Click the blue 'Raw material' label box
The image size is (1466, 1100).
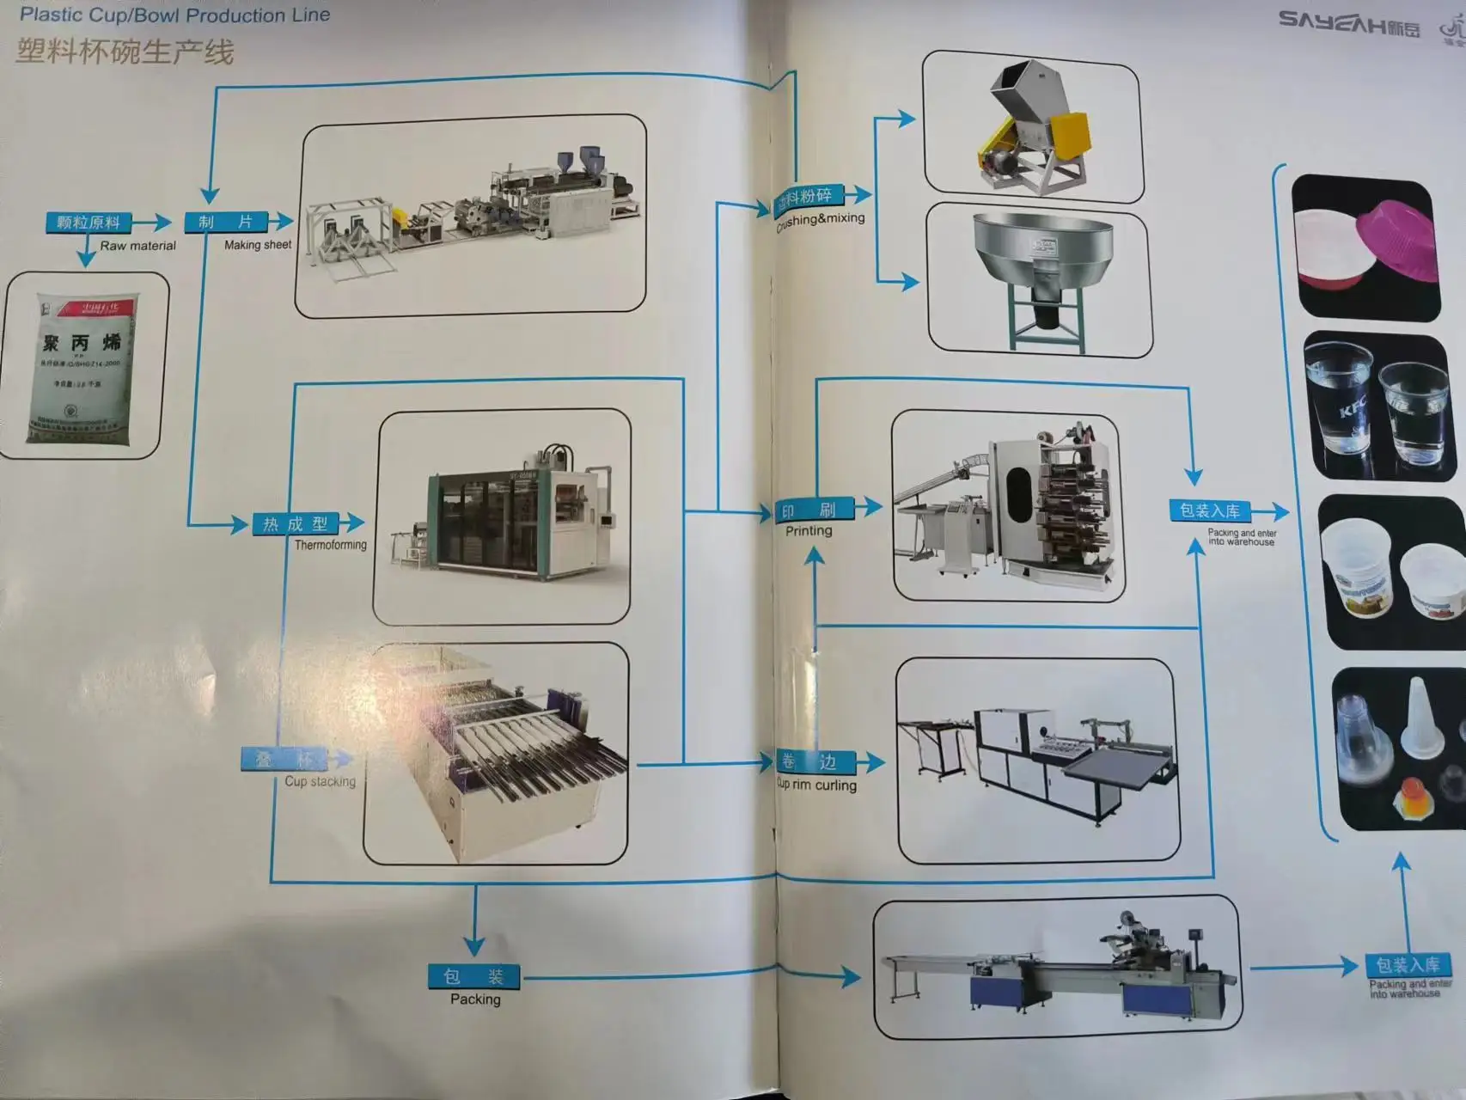89,223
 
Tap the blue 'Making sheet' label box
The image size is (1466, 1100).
226,222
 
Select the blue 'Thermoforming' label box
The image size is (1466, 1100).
296,524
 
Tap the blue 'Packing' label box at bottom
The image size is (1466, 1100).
474,976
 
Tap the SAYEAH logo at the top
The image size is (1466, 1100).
1347,24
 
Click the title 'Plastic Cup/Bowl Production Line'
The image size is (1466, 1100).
174,15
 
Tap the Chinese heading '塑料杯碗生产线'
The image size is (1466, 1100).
125,52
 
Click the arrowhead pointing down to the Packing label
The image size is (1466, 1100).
473,944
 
